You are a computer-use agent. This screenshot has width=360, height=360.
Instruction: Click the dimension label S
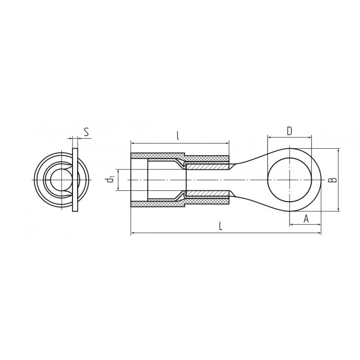tap(86, 132)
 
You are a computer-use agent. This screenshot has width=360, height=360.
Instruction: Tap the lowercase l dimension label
tap(178, 136)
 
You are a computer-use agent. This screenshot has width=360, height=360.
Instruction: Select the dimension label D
tap(290, 131)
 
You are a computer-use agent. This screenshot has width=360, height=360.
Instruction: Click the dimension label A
tap(306, 219)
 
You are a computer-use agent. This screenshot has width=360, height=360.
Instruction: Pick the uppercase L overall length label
tap(221, 226)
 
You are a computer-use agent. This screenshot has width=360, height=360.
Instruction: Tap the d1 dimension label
tap(111, 179)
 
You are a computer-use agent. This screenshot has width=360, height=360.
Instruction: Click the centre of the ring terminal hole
tap(290, 180)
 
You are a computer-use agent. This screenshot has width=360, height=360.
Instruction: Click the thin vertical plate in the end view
tap(75, 180)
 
